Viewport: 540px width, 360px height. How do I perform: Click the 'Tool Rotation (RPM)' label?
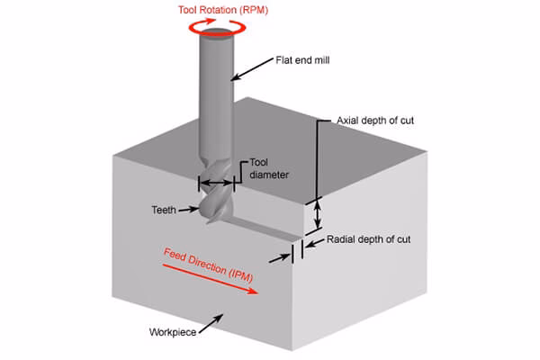[x=217, y=10]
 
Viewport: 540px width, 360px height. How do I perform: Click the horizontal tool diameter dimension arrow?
[x=216, y=183]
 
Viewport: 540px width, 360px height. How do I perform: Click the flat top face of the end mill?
[x=217, y=36]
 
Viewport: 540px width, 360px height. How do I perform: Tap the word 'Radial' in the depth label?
[x=340, y=240]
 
